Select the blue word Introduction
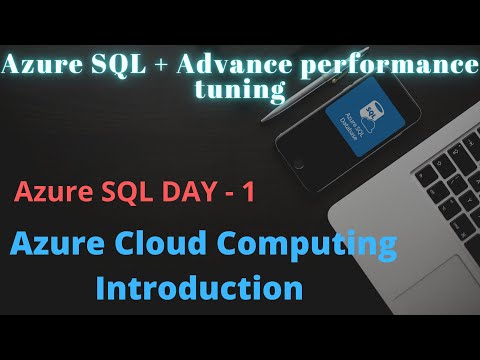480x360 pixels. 200,288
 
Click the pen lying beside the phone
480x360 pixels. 300,100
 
